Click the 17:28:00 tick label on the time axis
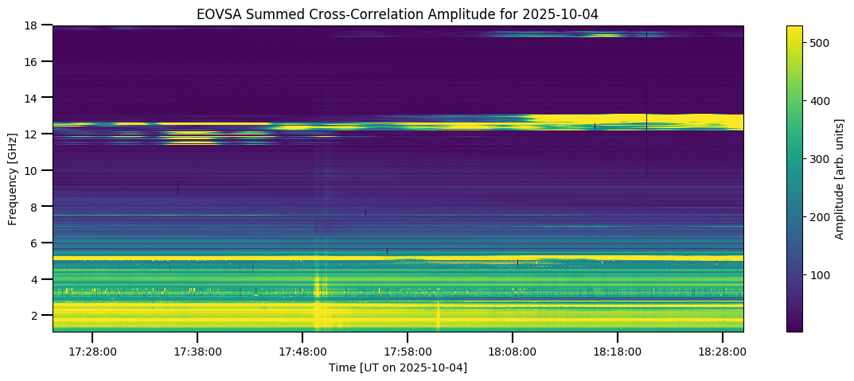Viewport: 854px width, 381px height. tap(92, 351)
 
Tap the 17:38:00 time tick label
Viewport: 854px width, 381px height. tap(197, 351)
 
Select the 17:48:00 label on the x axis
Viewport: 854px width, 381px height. tap(302, 351)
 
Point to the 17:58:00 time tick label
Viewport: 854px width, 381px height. tap(408, 351)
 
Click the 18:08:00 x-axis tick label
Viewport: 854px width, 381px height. tap(513, 351)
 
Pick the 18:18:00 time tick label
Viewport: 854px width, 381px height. tap(618, 351)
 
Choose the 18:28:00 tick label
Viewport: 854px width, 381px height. tap(723, 351)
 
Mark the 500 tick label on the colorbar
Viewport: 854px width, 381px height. tap(821, 42)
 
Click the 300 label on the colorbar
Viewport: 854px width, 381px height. tap(821, 159)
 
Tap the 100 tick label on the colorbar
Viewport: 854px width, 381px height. tap(821, 275)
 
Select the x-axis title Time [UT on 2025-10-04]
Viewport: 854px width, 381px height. tap(398, 367)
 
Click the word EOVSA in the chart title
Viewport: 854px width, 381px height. tap(216, 14)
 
